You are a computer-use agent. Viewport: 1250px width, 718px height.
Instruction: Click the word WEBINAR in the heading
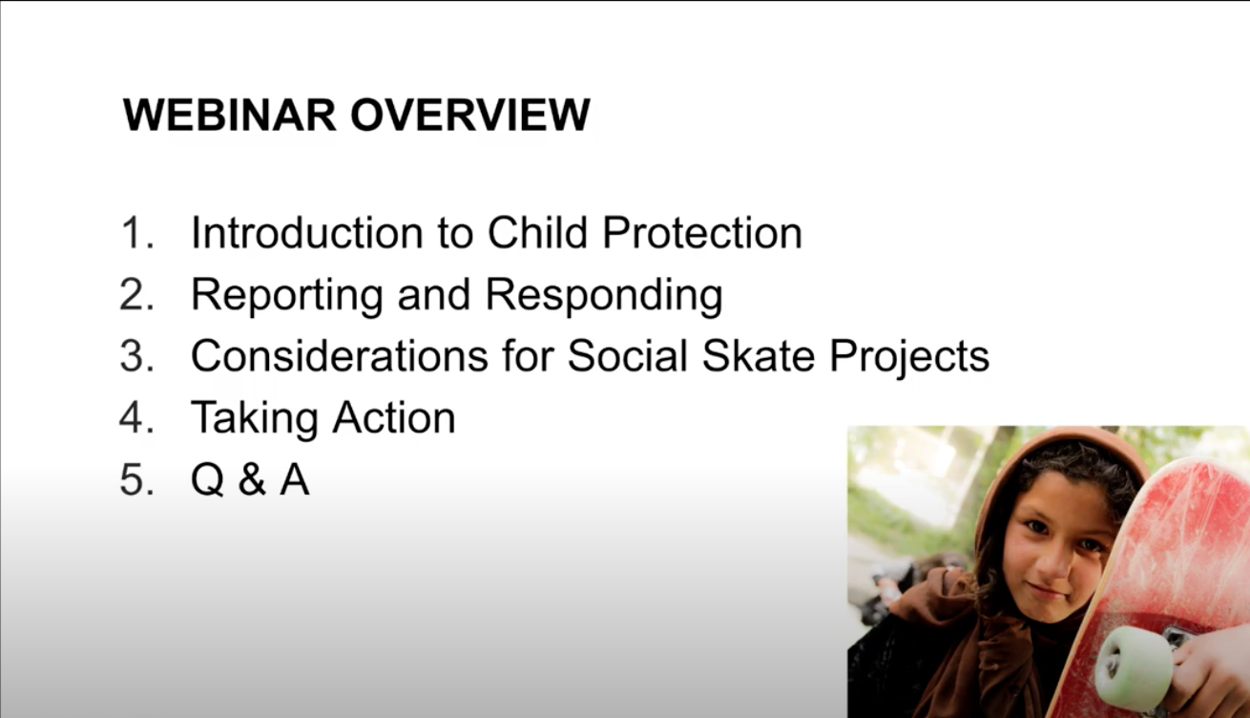(x=229, y=115)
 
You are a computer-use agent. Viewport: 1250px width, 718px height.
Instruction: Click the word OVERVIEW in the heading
(x=470, y=115)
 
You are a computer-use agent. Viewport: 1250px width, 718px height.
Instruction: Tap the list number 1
(x=136, y=232)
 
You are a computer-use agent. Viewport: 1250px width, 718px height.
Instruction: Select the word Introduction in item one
(x=307, y=232)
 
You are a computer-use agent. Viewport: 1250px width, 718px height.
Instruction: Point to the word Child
(x=538, y=232)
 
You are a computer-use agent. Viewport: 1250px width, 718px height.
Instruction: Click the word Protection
(x=702, y=232)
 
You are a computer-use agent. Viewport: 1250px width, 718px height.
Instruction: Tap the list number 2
(x=136, y=294)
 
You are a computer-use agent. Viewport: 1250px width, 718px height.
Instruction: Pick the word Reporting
(x=287, y=297)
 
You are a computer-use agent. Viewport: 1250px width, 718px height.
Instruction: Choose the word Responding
(x=604, y=297)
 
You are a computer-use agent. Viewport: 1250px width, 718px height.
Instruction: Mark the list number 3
(x=136, y=355)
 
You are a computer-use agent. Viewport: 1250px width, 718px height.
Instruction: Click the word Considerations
(x=340, y=355)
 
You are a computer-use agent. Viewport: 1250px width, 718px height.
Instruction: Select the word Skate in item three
(x=759, y=355)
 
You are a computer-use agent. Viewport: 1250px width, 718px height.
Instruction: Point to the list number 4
(x=136, y=417)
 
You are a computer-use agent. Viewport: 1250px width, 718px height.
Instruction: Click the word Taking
(x=255, y=420)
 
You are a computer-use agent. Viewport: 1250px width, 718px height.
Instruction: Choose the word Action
(x=394, y=417)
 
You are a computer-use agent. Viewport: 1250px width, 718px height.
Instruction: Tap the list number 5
(x=136, y=479)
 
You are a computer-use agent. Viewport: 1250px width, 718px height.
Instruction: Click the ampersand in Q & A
(x=252, y=479)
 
